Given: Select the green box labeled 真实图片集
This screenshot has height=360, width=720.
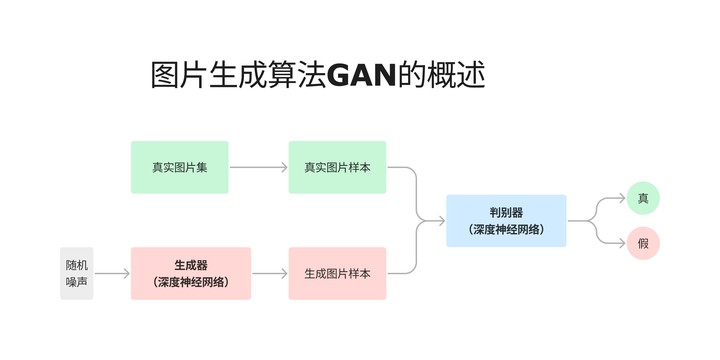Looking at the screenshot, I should [180, 167].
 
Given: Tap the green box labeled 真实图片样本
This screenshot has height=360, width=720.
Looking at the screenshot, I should [337, 167].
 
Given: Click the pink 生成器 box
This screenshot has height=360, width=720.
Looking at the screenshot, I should [190, 273].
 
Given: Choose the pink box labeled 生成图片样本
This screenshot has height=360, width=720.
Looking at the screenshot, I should [337, 273].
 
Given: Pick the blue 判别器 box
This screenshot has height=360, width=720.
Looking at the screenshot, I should [506, 220].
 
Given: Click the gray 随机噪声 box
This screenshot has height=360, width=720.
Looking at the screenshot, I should [76, 273].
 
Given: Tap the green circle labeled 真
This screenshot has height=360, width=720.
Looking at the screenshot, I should [643, 198].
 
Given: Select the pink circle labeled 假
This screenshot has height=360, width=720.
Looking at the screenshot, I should [643, 244].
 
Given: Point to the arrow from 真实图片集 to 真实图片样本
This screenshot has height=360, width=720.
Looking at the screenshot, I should [258, 167].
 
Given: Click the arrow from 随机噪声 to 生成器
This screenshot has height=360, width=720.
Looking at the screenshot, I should [111, 273].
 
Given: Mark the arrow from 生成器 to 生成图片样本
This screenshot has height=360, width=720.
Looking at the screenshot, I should [269, 273].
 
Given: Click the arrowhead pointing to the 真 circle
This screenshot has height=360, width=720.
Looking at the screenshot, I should [622, 198].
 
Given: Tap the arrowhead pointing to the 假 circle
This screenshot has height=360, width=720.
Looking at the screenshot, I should [622, 243].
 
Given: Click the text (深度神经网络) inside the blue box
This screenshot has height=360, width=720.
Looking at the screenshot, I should [506, 229].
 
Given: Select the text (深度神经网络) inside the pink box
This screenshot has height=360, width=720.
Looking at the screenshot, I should [190, 282].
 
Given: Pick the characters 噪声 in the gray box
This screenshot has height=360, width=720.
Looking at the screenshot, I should [76, 282].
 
